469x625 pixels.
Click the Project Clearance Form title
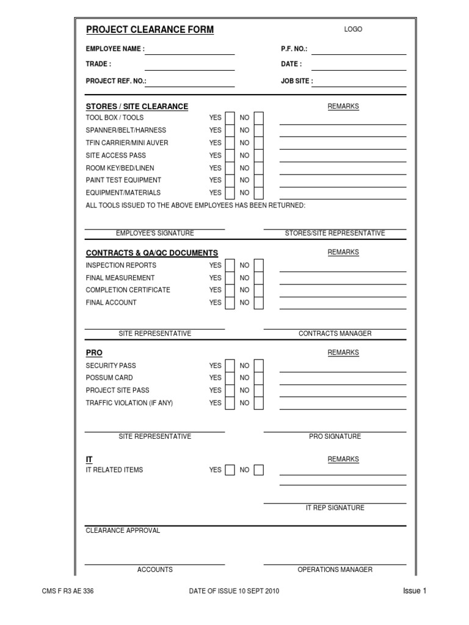pyautogui.click(x=150, y=30)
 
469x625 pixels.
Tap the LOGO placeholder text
pyautogui.click(x=353, y=29)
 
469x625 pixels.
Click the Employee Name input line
pyautogui.click(x=189, y=50)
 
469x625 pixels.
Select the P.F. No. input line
pyautogui.click(x=358, y=50)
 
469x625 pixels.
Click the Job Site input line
pyautogui.click(x=358, y=82)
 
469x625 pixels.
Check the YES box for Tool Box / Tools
pyautogui.click(x=230, y=118)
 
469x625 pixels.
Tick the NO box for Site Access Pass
pyautogui.click(x=259, y=156)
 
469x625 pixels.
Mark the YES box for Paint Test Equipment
pyautogui.click(x=230, y=181)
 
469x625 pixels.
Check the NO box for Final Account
pyautogui.click(x=259, y=303)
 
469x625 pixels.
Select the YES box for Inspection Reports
pyautogui.click(x=230, y=266)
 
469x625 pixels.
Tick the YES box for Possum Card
pyautogui.click(x=230, y=378)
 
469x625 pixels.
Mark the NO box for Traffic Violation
pyautogui.click(x=259, y=403)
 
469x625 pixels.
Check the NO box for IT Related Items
pyautogui.click(x=259, y=470)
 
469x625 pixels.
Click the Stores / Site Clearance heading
pyautogui.click(x=137, y=106)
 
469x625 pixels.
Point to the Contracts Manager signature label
pyautogui.click(x=335, y=334)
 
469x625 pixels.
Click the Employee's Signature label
pyautogui.click(x=155, y=233)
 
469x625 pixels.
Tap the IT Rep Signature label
pyautogui.click(x=335, y=508)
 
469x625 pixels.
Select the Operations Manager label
pyautogui.click(x=335, y=569)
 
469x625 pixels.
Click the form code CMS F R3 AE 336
pyautogui.click(x=67, y=591)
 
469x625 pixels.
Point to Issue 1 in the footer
pyautogui.click(x=414, y=591)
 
